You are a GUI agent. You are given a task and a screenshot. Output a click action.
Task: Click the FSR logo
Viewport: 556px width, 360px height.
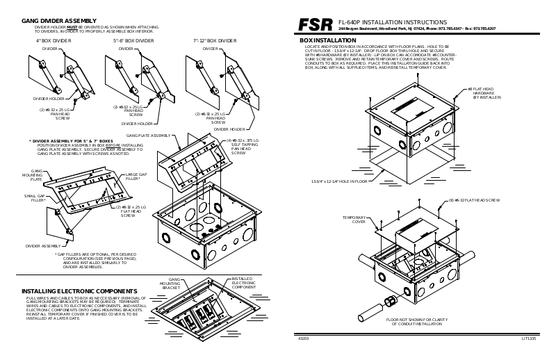316,25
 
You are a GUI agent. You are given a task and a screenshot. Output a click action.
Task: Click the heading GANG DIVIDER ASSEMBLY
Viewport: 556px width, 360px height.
59,22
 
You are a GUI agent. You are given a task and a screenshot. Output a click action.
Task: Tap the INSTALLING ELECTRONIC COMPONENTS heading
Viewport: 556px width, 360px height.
79,291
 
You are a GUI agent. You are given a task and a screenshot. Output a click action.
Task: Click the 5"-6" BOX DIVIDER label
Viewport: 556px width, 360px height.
133,41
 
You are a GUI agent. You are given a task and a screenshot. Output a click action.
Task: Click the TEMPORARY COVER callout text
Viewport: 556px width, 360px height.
354,220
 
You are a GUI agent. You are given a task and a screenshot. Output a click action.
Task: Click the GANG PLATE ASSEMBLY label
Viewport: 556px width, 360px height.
149,136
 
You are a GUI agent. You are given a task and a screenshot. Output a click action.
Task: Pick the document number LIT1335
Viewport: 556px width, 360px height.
529,338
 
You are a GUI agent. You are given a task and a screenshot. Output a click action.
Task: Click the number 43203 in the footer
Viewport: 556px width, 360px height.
304,338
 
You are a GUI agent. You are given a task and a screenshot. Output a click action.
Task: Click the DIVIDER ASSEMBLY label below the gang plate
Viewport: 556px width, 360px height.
42,245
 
